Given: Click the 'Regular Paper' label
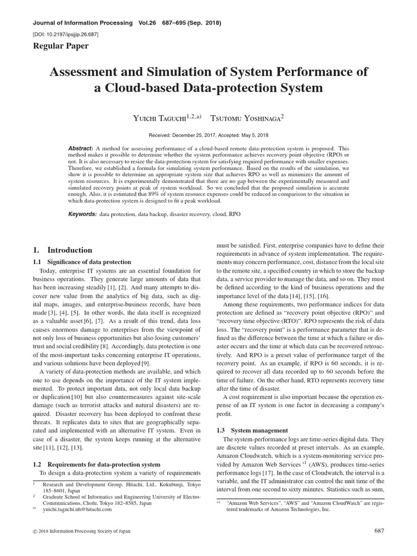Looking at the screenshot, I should tap(61, 46).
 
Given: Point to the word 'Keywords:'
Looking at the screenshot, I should tap(82, 214).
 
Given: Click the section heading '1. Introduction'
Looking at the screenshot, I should tap(62, 250).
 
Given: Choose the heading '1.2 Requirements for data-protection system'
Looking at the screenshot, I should tap(97, 464).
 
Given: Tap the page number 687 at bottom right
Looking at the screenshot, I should tap(380, 530).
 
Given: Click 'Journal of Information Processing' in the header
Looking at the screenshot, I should tap(83, 23).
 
